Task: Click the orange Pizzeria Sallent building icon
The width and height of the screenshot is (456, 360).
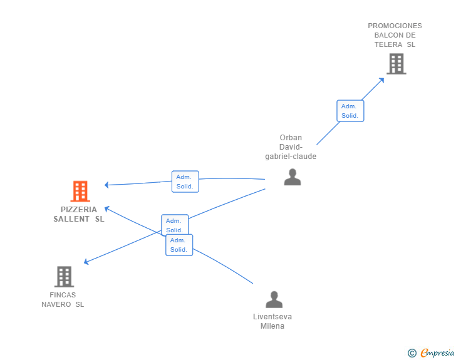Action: click(x=80, y=191)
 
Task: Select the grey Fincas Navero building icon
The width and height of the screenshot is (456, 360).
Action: click(x=65, y=277)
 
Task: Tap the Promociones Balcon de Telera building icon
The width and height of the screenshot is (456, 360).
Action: click(x=396, y=64)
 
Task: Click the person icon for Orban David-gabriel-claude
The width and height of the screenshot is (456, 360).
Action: click(x=293, y=177)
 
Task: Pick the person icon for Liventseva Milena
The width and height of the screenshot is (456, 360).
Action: click(x=274, y=299)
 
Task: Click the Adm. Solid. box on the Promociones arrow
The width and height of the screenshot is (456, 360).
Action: click(x=350, y=111)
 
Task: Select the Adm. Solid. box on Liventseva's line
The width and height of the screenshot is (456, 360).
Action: click(x=179, y=245)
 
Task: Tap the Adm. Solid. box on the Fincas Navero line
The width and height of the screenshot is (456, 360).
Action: click(x=175, y=225)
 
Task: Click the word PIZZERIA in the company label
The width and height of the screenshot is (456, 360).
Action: click(x=79, y=210)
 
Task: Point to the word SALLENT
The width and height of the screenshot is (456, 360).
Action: click(x=71, y=219)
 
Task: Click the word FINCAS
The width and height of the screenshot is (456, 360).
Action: click(x=63, y=295)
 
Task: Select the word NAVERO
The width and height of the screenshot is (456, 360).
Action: click(x=56, y=304)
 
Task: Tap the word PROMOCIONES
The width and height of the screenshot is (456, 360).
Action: click(x=395, y=26)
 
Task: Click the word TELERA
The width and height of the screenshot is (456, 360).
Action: click(x=388, y=44)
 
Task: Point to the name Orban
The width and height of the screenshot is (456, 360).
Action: click(x=291, y=138)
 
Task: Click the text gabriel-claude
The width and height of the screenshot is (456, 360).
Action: click(x=291, y=157)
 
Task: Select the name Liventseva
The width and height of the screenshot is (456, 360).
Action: click(x=272, y=317)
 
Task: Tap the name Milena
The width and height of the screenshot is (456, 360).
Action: click(x=272, y=326)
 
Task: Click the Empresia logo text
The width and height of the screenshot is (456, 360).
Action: click(x=437, y=352)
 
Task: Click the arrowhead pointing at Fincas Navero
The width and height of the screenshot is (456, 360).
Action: click(x=86, y=262)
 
